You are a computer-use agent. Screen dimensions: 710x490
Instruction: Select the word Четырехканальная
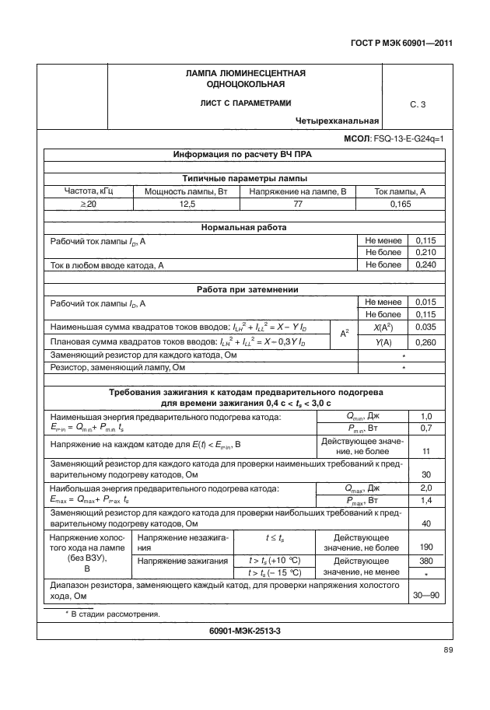[337, 121]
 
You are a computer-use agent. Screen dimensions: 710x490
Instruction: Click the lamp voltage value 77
[296, 204]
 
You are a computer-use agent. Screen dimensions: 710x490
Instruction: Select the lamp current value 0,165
[400, 204]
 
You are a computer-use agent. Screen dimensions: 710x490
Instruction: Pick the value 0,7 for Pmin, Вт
[426, 428]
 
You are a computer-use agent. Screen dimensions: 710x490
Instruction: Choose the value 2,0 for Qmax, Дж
[426, 488]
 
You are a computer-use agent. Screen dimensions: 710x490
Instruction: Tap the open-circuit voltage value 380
[426, 560]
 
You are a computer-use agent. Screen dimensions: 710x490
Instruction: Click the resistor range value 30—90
[426, 596]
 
